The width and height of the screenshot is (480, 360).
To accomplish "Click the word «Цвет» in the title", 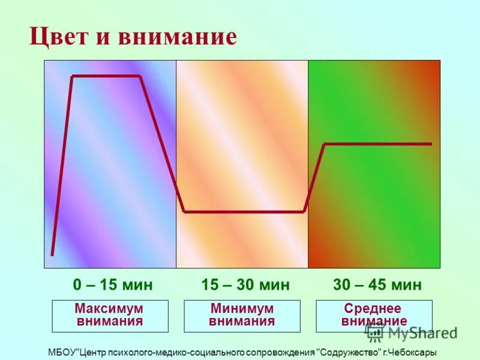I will coord(59,37).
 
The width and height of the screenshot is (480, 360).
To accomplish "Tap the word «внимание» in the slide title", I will coord(177,37).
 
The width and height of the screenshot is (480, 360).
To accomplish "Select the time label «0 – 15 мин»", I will coord(113,284).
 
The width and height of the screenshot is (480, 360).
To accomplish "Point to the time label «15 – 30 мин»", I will coord(245,284).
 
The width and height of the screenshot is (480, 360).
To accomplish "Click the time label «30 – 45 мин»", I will coord(377,284).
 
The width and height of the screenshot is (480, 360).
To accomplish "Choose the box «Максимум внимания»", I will coord(110,316).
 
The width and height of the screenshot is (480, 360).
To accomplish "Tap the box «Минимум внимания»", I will coord(242,316).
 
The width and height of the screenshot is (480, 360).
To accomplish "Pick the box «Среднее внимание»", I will coord(374,316).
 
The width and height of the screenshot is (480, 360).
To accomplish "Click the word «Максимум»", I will coord(109,308).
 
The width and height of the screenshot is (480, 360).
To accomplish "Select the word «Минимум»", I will coord(242,308).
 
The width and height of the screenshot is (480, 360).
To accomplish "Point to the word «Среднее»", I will coord(373,308).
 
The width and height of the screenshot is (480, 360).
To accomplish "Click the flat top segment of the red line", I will coord(106,76).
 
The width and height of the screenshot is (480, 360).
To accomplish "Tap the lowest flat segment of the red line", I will coord(244,212).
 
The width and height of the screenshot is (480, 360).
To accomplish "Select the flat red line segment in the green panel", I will coord(378,144).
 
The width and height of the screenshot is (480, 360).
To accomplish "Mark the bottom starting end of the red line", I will coord(52,254).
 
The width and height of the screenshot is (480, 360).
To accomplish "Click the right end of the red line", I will coord(430,144).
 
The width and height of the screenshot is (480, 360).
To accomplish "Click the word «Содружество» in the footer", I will coord(351,353).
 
